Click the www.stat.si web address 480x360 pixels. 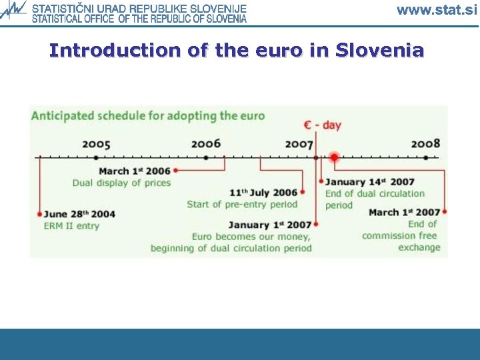coord(437,9)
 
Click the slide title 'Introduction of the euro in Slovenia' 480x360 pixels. coord(237,51)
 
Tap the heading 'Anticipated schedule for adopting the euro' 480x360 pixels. coord(148,116)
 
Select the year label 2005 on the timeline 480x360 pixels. coord(97,144)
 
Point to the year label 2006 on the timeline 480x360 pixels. coord(205,144)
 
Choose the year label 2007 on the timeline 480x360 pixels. coord(299,144)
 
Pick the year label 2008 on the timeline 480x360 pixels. coord(425,144)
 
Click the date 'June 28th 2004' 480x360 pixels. coord(79,214)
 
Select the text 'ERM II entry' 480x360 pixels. coord(72,226)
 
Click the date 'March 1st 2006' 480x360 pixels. coord(135,171)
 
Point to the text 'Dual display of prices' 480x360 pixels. coord(122,183)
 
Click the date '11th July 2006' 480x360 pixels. coord(263,193)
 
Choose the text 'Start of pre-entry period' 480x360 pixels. coord(242,204)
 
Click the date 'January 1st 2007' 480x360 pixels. coord(269,225)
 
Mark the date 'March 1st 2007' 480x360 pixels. coord(404,213)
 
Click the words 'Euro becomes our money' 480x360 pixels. coord(251,237)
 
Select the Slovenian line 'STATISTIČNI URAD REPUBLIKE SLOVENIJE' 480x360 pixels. coord(139,9)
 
